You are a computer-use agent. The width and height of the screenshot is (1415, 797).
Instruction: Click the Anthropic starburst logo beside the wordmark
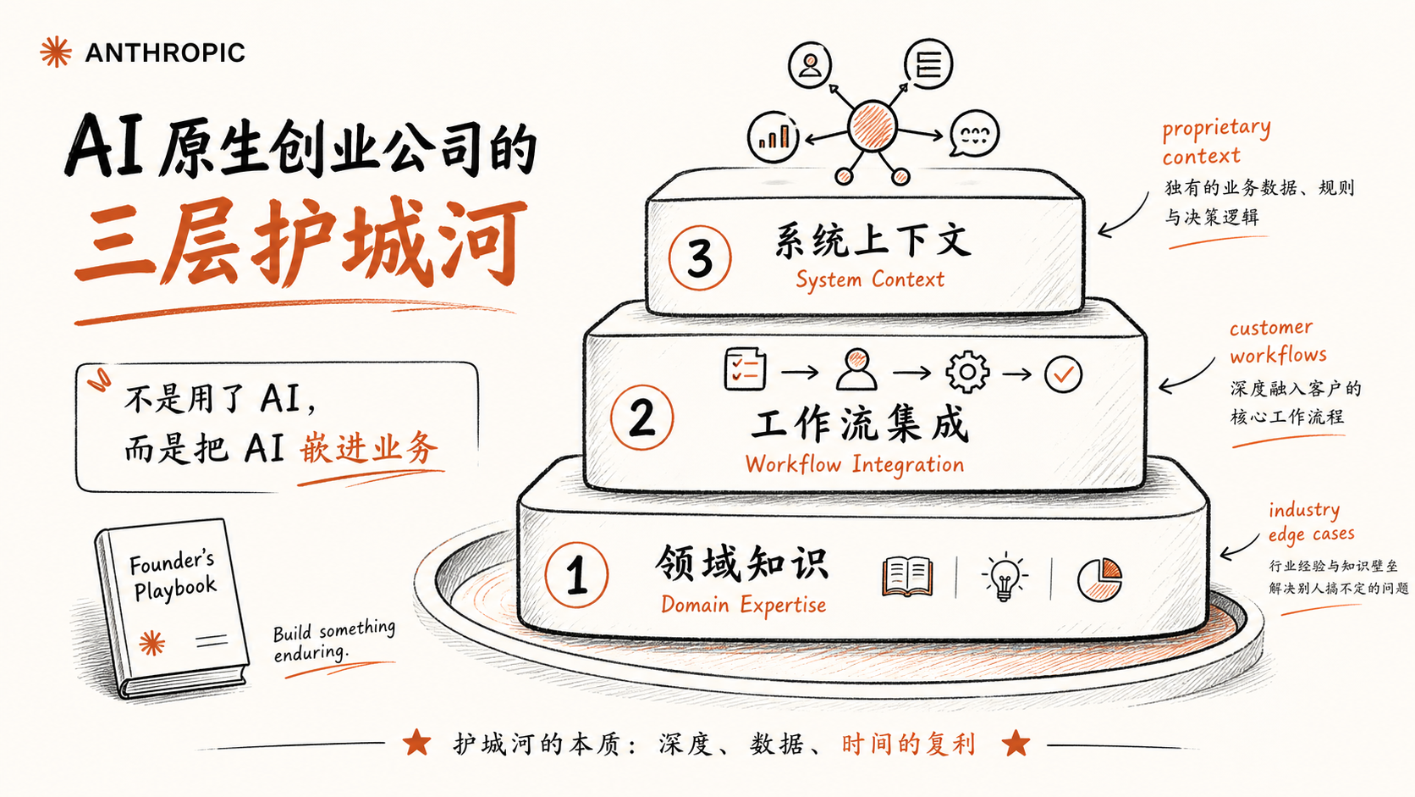(x=56, y=52)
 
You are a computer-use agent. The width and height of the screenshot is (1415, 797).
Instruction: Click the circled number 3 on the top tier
(x=700, y=257)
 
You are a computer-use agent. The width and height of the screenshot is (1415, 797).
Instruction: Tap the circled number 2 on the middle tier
(x=641, y=418)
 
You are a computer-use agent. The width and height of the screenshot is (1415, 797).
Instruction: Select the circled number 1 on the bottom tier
(x=576, y=575)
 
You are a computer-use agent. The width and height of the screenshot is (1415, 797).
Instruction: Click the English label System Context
(x=870, y=280)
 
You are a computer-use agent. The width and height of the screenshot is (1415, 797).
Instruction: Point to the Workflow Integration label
(x=855, y=464)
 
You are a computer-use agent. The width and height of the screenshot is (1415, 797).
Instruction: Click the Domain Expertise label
(x=744, y=605)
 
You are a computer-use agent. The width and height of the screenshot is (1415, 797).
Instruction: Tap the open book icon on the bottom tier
(x=907, y=577)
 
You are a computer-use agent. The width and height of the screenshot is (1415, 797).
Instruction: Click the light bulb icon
(x=1004, y=576)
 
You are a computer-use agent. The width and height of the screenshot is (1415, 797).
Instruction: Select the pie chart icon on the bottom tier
(x=1100, y=579)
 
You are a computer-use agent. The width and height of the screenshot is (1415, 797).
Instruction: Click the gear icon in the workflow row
(x=967, y=373)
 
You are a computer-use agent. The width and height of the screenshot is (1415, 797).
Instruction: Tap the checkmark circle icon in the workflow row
(x=1063, y=374)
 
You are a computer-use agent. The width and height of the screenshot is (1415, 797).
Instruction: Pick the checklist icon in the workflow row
(x=746, y=369)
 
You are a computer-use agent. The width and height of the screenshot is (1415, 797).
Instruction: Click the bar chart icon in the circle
(x=773, y=136)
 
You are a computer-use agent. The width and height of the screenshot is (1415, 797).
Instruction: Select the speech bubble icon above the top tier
(x=974, y=133)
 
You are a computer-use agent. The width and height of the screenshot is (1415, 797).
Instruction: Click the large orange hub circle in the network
(x=873, y=126)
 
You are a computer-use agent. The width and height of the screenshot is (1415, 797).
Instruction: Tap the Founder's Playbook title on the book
(x=173, y=577)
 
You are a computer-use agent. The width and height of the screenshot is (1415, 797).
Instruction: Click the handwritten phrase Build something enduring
(x=334, y=640)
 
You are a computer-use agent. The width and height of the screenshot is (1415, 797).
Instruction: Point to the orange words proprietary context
(x=1216, y=141)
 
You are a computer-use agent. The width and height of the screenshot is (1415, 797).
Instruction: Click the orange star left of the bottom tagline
(x=417, y=742)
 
